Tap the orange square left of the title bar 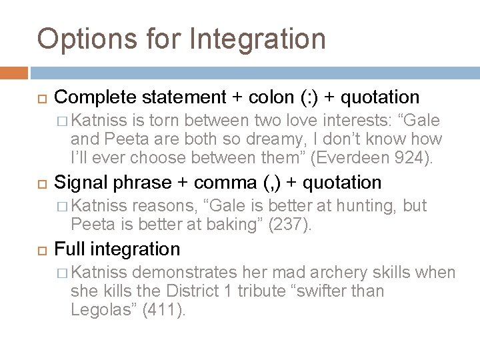pyautogui.click(x=14, y=72)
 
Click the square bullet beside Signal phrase pyautogui.click(x=39, y=183)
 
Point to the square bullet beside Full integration pyautogui.click(x=39, y=249)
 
